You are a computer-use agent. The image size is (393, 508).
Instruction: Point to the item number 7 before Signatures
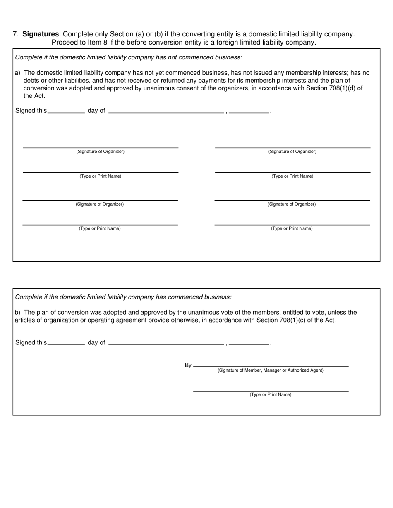click(x=15, y=34)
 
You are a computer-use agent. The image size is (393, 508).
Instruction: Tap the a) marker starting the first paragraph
click(x=18, y=73)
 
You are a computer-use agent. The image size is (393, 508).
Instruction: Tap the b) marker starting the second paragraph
click(x=18, y=312)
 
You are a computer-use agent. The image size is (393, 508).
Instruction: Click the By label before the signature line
click(x=188, y=365)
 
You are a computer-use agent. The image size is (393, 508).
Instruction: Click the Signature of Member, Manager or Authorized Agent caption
click(x=271, y=370)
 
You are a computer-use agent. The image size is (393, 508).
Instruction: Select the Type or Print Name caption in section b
click(x=271, y=395)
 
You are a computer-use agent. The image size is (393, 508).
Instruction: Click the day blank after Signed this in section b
click(x=66, y=343)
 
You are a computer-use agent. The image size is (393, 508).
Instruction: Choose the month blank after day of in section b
click(x=166, y=343)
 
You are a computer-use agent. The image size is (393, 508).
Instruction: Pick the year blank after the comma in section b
click(x=249, y=343)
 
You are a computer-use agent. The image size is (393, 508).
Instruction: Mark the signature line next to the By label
click(x=271, y=365)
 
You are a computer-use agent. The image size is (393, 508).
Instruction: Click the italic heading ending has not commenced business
click(x=128, y=57)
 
